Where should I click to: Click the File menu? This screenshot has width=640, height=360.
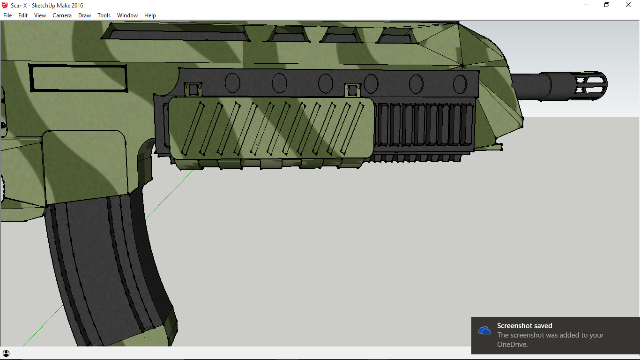click(x=7, y=15)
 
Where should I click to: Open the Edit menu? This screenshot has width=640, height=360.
click(x=23, y=15)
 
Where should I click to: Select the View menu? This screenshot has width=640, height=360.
click(x=40, y=15)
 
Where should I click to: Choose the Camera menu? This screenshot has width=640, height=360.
click(x=62, y=15)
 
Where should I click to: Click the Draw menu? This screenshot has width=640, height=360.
click(x=85, y=15)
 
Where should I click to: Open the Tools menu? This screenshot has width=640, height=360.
click(x=104, y=15)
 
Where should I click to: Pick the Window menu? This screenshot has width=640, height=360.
click(x=127, y=15)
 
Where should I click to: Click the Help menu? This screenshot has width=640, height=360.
click(x=150, y=15)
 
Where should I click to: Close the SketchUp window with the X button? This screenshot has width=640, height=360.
click(x=628, y=5)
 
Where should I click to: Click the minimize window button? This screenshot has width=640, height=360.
click(x=586, y=5)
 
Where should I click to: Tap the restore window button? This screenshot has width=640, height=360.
click(x=607, y=5)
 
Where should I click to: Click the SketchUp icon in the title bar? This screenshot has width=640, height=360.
click(x=5, y=5)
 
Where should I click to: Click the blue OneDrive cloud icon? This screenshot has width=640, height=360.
click(x=484, y=330)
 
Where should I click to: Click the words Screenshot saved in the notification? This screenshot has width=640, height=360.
click(x=524, y=326)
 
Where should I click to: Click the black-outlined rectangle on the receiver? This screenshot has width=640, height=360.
click(x=78, y=78)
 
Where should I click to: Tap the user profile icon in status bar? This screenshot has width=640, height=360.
click(x=6, y=353)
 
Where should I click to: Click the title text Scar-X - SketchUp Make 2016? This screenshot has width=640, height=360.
click(x=47, y=5)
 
